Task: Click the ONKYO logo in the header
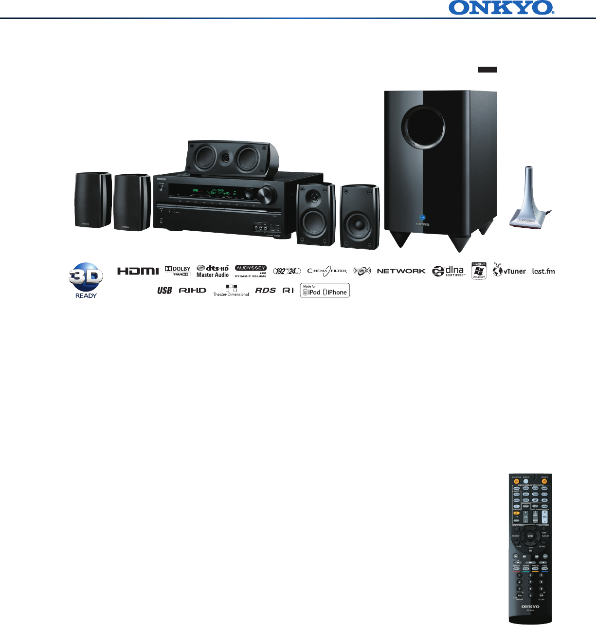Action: [502, 8]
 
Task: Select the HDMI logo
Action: [138, 271]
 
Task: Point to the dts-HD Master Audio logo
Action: [213, 271]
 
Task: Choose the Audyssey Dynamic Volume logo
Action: [251, 271]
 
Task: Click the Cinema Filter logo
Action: [327, 271]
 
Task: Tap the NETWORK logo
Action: [401, 271]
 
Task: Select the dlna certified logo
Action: [449, 271]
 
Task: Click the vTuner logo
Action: [509, 270]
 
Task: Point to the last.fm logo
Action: [543, 271]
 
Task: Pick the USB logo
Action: [164, 291]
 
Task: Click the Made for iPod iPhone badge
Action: [325, 291]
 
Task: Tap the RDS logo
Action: [265, 290]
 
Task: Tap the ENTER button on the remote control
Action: [530, 536]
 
